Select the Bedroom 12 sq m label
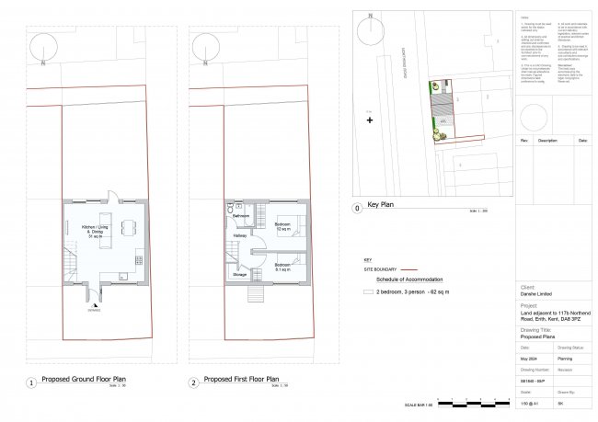[282, 226]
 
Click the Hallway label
[240, 236]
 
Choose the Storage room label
[237, 274]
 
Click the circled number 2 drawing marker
[192, 382]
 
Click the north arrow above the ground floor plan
[43, 49]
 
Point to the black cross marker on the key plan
[370, 120]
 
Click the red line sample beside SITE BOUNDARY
[422, 270]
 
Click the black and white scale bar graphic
[474, 401]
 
